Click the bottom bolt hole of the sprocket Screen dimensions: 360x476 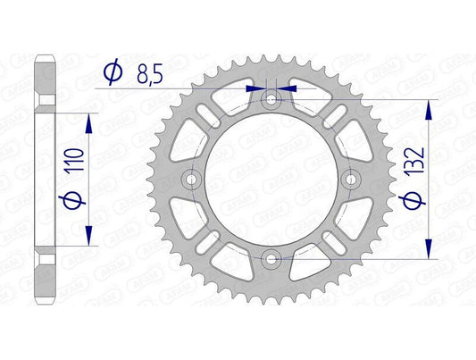[x=272, y=260]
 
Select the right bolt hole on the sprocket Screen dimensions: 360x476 [x=352, y=180]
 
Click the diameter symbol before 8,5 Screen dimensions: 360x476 [x=113, y=71]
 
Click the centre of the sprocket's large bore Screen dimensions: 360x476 [x=272, y=180]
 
